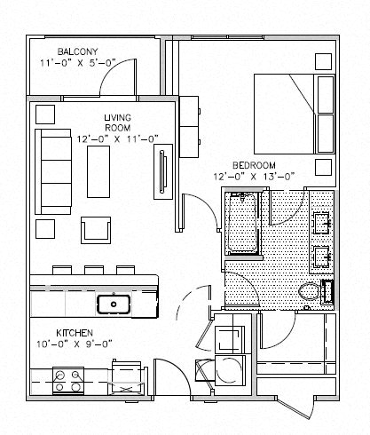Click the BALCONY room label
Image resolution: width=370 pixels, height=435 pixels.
[77, 51]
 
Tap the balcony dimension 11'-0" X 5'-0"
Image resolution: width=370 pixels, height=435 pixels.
[77, 63]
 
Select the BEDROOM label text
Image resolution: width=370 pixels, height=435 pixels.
[254, 165]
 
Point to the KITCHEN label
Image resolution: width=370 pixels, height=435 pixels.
[75, 333]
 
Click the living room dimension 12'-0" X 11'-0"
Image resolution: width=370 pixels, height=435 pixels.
[117, 139]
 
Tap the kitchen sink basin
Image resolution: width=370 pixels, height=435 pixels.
[114, 304]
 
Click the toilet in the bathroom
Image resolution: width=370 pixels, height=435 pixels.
[309, 291]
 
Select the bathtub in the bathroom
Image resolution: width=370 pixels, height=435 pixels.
[242, 223]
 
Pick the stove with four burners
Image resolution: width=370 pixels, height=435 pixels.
[68, 381]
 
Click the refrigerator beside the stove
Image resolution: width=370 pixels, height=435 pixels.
[128, 377]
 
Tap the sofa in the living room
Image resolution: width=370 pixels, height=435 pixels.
[53, 171]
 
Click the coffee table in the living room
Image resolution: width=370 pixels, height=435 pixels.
[98, 171]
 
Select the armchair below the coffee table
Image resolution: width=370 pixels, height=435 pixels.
[96, 230]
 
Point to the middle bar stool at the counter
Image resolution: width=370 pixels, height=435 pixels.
[94, 270]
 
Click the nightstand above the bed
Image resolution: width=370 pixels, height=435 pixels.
[323, 61]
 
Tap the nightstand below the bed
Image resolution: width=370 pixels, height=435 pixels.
[323, 167]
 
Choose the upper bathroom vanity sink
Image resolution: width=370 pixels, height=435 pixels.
[322, 224]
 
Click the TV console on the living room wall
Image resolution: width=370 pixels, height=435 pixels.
[163, 171]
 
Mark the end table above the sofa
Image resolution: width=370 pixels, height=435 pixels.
[45, 115]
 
